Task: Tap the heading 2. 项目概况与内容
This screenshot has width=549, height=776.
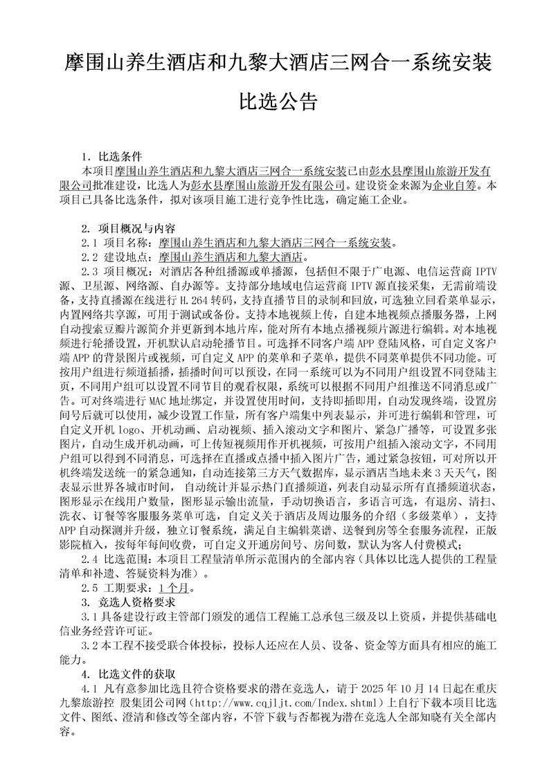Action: click(128, 228)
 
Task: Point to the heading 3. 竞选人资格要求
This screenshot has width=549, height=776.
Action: click(128, 601)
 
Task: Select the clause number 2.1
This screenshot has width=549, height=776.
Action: click(89, 242)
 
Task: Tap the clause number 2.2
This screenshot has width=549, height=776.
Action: click(89, 257)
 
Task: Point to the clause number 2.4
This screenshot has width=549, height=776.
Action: click(89, 557)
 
